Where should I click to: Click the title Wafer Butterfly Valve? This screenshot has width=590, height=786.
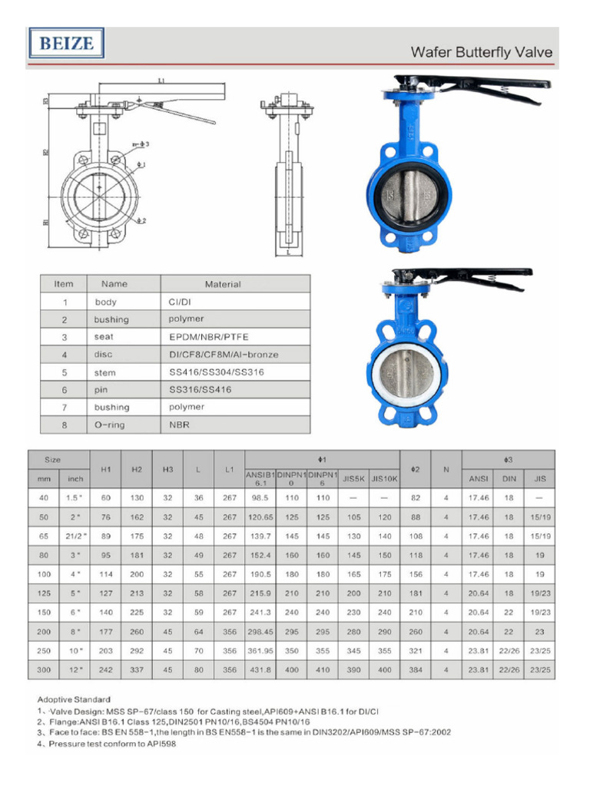(x=481, y=52)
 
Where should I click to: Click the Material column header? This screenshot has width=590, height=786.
(x=222, y=284)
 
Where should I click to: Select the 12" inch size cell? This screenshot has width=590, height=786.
(x=75, y=669)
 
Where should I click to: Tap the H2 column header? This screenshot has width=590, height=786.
(x=137, y=468)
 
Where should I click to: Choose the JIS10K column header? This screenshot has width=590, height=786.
(x=384, y=478)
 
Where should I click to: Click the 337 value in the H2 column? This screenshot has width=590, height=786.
(x=137, y=669)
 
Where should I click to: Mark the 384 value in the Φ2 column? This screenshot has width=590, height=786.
(x=415, y=669)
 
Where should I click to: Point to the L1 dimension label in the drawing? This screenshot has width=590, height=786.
(x=161, y=80)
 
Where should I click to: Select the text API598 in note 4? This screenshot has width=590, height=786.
(x=161, y=744)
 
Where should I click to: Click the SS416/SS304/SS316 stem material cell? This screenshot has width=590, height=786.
(x=210, y=372)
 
